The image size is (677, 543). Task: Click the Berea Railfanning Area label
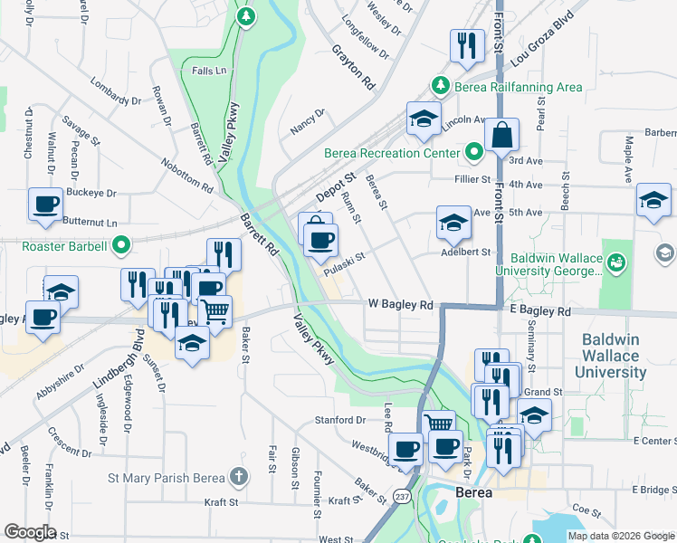click(x=518, y=87)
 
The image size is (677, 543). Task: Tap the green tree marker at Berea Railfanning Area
click(x=440, y=86)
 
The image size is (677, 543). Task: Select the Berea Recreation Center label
click(x=392, y=152)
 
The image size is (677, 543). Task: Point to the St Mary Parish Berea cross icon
click(x=238, y=476)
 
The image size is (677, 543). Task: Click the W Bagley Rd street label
click(x=400, y=305)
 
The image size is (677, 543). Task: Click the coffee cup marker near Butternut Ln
click(x=45, y=204)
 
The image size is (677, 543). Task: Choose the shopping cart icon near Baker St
click(x=215, y=311)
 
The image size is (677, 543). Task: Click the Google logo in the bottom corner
click(x=30, y=532)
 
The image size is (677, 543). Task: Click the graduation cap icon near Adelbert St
click(x=453, y=223)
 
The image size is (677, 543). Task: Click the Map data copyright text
click(x=621, y=536)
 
